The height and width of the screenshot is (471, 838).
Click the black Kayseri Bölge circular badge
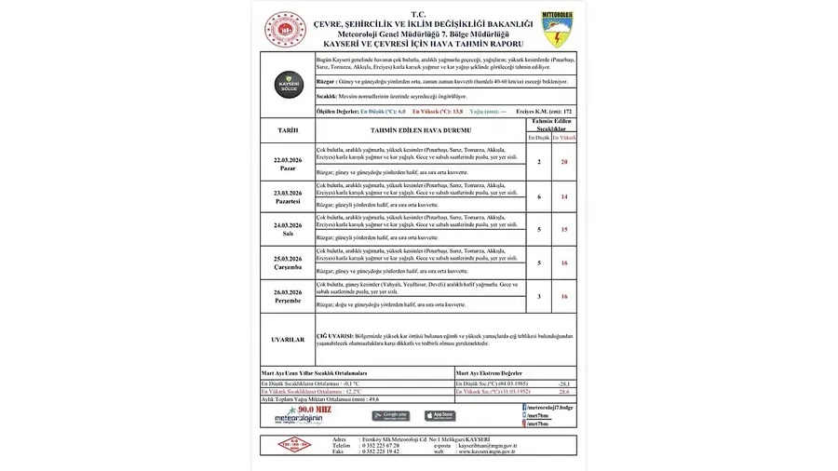coord(288,85)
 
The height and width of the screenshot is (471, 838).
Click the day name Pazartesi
coord(288,201)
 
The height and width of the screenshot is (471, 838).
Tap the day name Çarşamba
coord(288,266)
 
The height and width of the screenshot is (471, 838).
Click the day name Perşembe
coord(288,301)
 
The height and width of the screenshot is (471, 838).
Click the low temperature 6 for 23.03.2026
coord(539,196)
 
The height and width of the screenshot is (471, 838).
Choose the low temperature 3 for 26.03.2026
coord(539,296)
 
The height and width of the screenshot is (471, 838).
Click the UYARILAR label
coord(288,340)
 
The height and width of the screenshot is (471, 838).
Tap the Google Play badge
coord(390,415)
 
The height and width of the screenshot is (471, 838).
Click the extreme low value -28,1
coord(563,384)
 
